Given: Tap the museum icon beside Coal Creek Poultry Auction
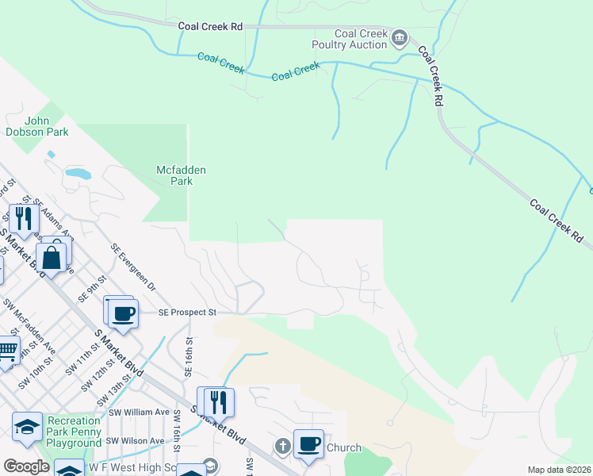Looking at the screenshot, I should click(400, 37).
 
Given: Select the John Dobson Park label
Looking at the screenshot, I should click(36, 126).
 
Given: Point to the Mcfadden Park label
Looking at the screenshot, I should click(174, 175).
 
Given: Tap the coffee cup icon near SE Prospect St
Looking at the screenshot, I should click(123, 313).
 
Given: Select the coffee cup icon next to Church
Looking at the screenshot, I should click(309, 443).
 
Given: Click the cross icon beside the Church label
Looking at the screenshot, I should click(281, 447).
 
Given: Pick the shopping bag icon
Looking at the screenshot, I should click(52, 258).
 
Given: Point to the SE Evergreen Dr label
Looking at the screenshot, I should click(134, 267).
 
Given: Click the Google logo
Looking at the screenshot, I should click(26, 466).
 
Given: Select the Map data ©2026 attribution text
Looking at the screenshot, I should click(559, 470).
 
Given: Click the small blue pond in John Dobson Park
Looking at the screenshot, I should click(78, 172).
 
